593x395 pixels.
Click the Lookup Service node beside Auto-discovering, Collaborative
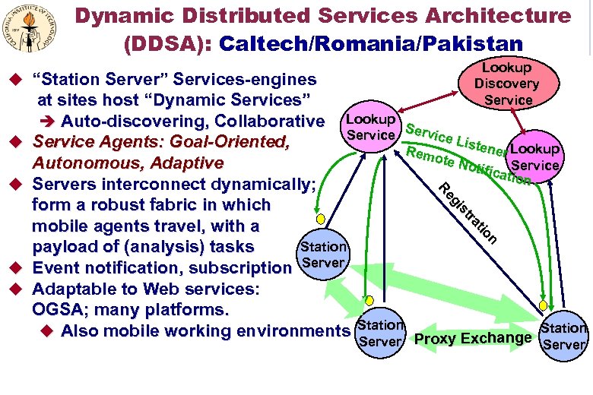(370, 128)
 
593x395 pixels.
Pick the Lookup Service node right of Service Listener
(535, 156)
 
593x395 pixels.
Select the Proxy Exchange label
(472, 338)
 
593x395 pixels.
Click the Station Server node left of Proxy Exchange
(379, 333)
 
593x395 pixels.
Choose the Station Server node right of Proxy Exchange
(563, 335)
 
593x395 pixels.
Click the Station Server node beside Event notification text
(323, 255)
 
